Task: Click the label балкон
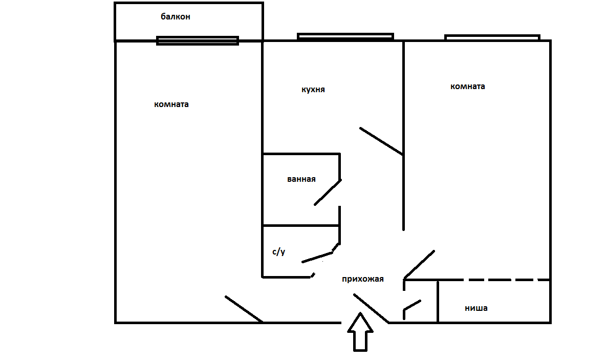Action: [176, 17]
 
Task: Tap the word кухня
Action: [313, 90]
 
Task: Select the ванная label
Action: [301, 179]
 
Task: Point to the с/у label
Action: [278, 252]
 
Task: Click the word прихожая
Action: [363, 279]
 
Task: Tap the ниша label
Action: [476, 308]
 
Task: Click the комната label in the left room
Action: [171, 104]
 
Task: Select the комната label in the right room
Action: [468, 87]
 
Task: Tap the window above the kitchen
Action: [345, 36]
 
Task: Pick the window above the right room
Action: [492, 37]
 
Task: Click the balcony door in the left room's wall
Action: [198, 40]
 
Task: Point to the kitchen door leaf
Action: [381, 141]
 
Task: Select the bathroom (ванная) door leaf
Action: [328, 193]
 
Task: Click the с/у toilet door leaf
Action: [318, 257]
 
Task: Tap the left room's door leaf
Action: [244, 309]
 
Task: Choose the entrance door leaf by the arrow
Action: [371, 309]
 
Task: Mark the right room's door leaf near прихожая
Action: [419, 264]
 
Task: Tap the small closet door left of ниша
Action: [412, 306]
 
